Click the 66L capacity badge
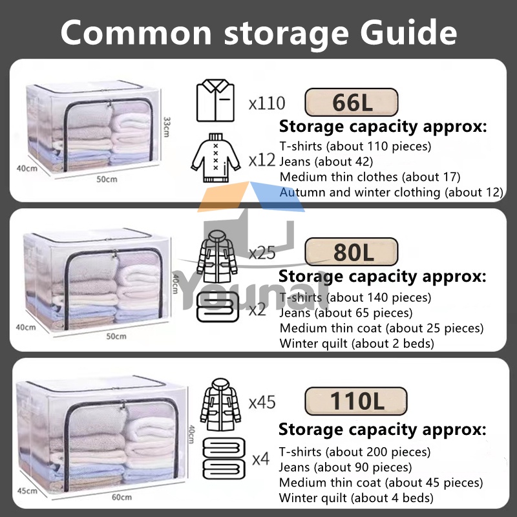pos(351,102)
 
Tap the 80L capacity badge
pos(352,252)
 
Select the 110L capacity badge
pos(356,401)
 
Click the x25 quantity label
pos(262,253)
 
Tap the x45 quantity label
pos(262,402)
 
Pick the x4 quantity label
pos(260,459)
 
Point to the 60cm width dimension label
pos(121,497)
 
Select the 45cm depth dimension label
pos(26,491)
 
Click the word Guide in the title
pos(405,31)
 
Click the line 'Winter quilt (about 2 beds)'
pos(356,343)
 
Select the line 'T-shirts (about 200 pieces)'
pos(355,452)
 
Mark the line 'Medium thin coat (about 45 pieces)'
pos(381,483)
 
